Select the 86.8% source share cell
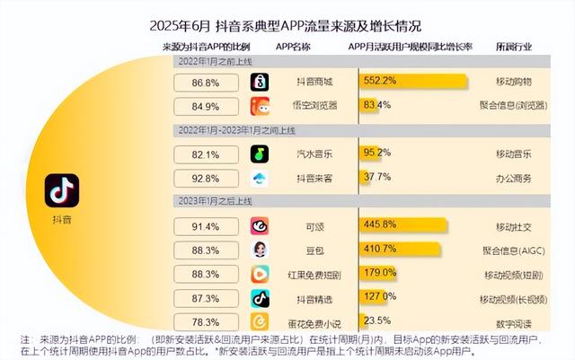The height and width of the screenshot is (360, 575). tap(206, 83)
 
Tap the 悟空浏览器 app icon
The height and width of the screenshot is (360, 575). tap(260, 107)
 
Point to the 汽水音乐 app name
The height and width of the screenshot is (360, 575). tap(315, 154)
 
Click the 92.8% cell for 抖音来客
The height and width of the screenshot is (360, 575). tap(206, 178)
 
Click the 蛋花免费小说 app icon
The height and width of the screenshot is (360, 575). tap(260, 321)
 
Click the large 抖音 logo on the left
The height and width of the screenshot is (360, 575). tap(62, 189)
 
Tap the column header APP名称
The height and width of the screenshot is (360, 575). tap(296, 46)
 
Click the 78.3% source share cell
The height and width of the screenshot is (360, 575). tap(206, 321)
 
